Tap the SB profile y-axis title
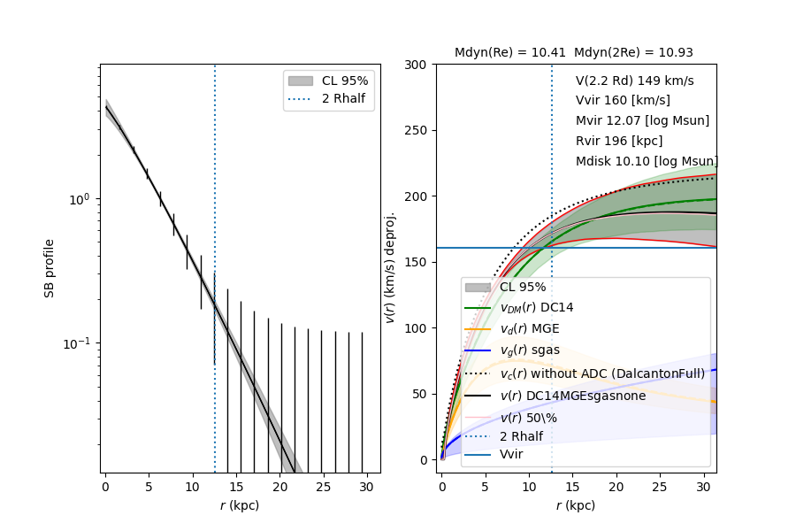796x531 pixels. (x=50, y=268)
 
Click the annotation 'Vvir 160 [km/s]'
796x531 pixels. (x=623, y=100)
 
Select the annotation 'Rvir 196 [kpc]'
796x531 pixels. (x=619, y=141)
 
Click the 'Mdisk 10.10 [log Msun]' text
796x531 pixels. (x=647, y=161)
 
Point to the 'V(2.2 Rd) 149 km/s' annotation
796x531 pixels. (x=634, y=81)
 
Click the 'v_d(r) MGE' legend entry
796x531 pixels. (x=530, y=328)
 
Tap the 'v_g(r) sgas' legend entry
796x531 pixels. (x=530, y=350)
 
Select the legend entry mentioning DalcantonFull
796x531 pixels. (x=602, y=373)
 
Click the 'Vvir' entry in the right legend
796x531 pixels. (x=511, y=454)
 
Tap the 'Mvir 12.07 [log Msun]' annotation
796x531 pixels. (x=642, y=120)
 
